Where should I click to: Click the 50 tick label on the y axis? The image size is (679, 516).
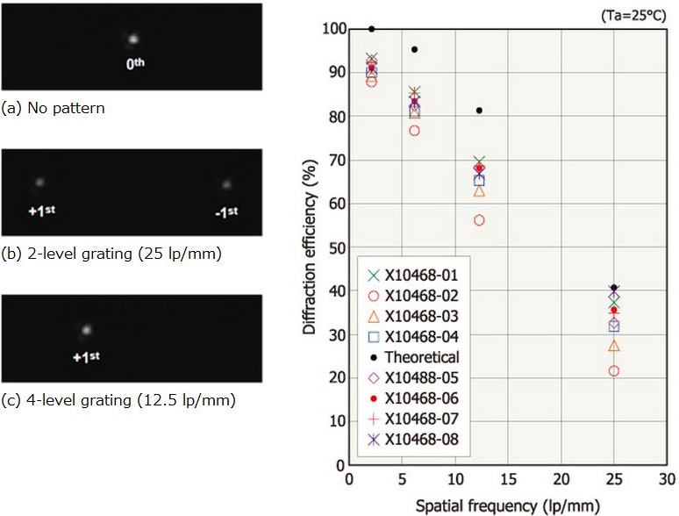tap(332, 247)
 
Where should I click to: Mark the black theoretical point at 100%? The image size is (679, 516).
tap(372, 29)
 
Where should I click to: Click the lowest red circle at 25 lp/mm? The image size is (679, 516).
tap(614, 371)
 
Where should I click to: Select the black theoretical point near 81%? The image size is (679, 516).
tap(479, 111)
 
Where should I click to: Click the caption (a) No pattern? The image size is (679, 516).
tap(54, 109)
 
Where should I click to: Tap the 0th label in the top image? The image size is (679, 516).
tap(133, 65)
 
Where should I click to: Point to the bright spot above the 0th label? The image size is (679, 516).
tap(133, 39)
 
